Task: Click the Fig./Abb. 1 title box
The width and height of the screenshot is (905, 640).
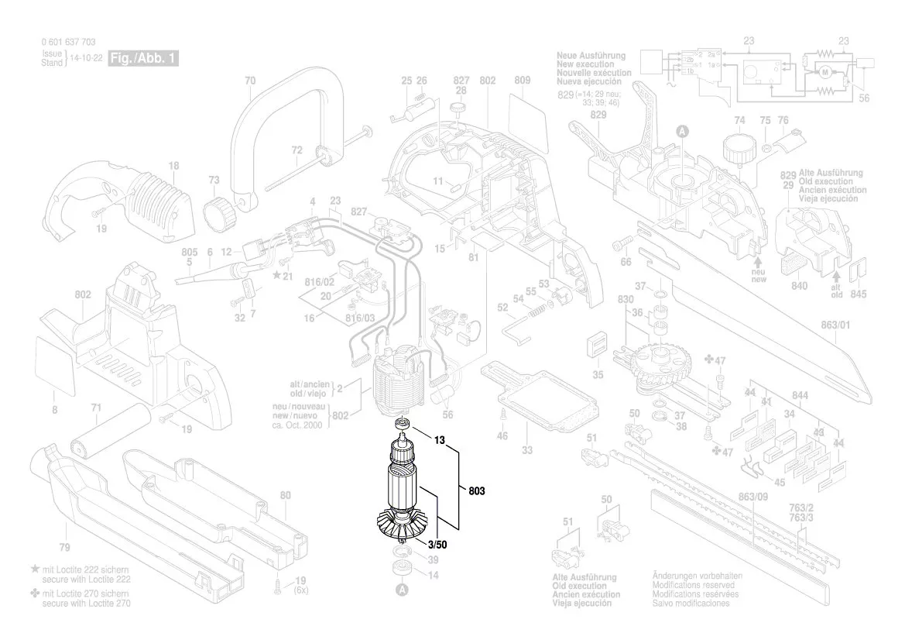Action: tap(144, 59)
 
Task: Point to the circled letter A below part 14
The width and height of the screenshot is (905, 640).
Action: tap(401, 591)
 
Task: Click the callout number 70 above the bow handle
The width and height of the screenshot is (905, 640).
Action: tap(249, 81)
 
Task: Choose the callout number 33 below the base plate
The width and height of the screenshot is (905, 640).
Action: tap(526, 451)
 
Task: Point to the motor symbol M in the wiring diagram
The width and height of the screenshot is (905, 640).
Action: tap(824, 72)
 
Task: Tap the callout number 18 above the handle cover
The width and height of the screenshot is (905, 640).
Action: tap(173, 165)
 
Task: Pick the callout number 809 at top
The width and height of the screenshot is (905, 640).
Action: tap(521, 81)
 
